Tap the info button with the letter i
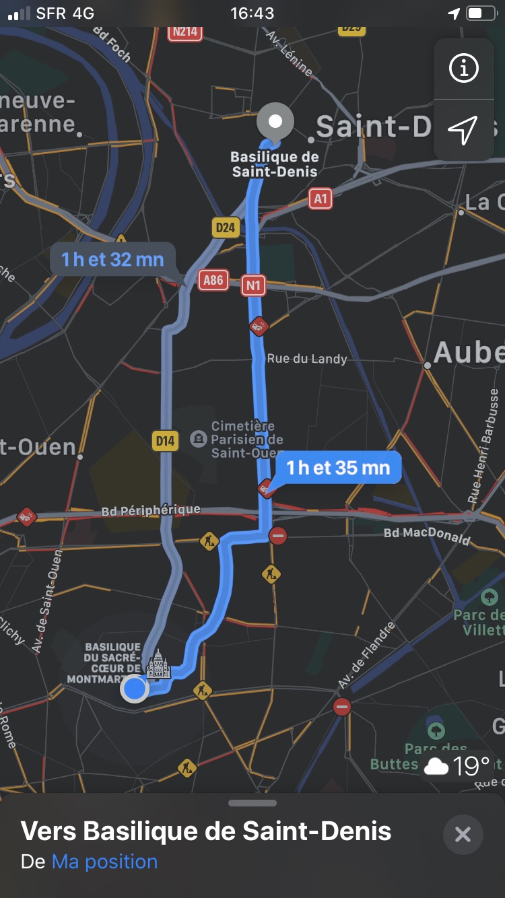click(x=463, y=68)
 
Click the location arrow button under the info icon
click(x=463, y=129)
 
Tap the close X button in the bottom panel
click(x=463, y=835)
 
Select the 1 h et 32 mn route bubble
click(x=112, y=259)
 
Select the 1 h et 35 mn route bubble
click(x=338, y=467)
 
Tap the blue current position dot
click(x=135, y=689)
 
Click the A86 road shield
click(x=213, y=280)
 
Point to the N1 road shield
click(x=253, y=285)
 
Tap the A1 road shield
click(x=321, y=199)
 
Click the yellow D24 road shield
click(x=226, y=227)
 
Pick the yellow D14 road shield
click(x=164, y=441)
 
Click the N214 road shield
click(x=184, y=31)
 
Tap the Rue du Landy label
click(x=307, y=359)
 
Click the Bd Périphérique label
click(x=151, y=511)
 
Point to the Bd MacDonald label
click(x=426, y=535)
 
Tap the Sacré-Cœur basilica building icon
click(x=159, y=665)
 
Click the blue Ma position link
click(x=104, y=862)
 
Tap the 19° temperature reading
click(x=471, y=765)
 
